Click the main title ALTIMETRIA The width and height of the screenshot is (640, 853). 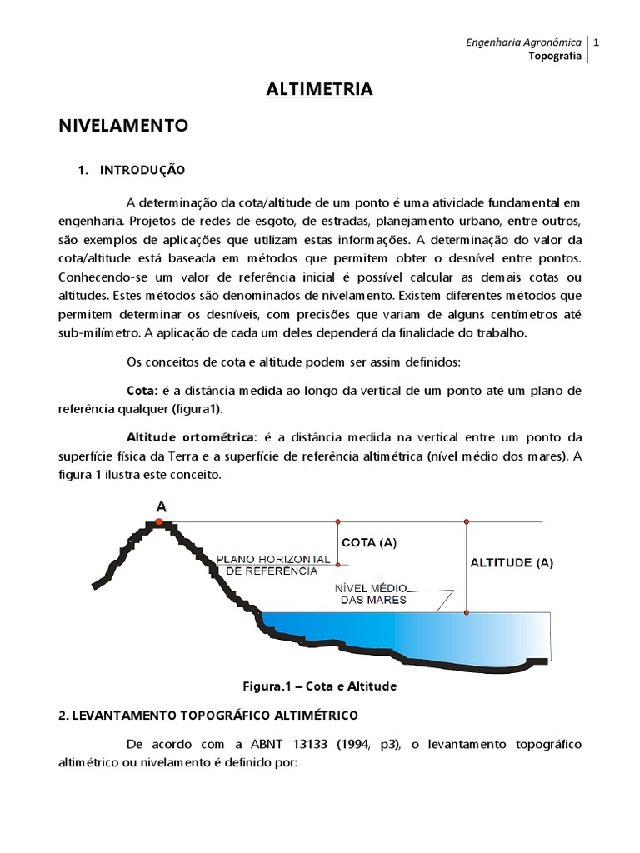coord(320,90)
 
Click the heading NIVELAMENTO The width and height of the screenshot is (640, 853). coord(123,126)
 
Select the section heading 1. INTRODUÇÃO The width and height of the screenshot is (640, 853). coord(132,170)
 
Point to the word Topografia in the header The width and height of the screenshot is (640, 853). coord(555,56)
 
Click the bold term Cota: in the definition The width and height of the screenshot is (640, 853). coord(141,390)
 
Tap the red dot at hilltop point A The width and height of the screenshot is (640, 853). coord(158,521)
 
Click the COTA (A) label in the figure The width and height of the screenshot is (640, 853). coord(369,542)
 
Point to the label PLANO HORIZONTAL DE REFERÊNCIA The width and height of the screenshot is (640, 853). coord(266,565)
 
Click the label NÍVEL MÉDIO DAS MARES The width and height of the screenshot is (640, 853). coord(371,593)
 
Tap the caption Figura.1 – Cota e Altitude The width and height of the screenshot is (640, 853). coord(319,686)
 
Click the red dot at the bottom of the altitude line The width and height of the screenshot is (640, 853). coord(467,613)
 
